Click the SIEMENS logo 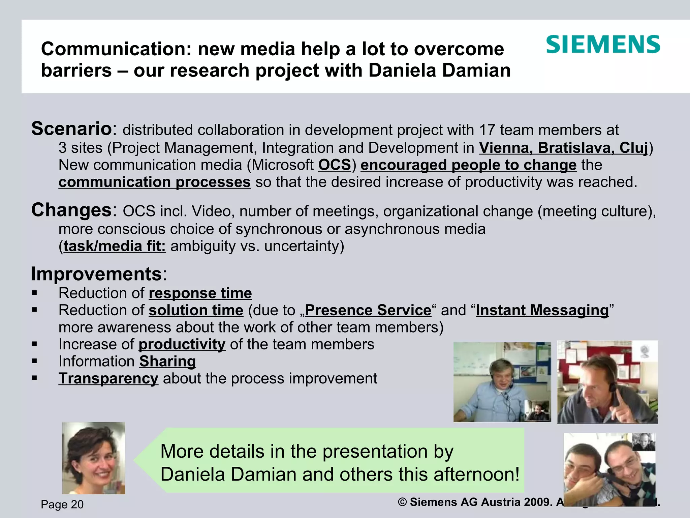[603, 45]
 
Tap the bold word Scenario [71, 129]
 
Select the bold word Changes [71, 210]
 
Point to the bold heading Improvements [97, 274]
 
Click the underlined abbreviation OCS [335, 165]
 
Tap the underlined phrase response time [200, 293]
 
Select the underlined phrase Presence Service [368, 310]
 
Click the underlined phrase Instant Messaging [542, 310]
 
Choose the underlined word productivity [182, 344]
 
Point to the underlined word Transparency [108, 378]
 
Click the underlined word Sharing [167, 362]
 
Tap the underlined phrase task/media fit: [115, 246]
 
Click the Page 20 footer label [62, 505]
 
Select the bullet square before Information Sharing [34, 361]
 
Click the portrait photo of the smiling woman [94, 458]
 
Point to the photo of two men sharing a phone [609, 469]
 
